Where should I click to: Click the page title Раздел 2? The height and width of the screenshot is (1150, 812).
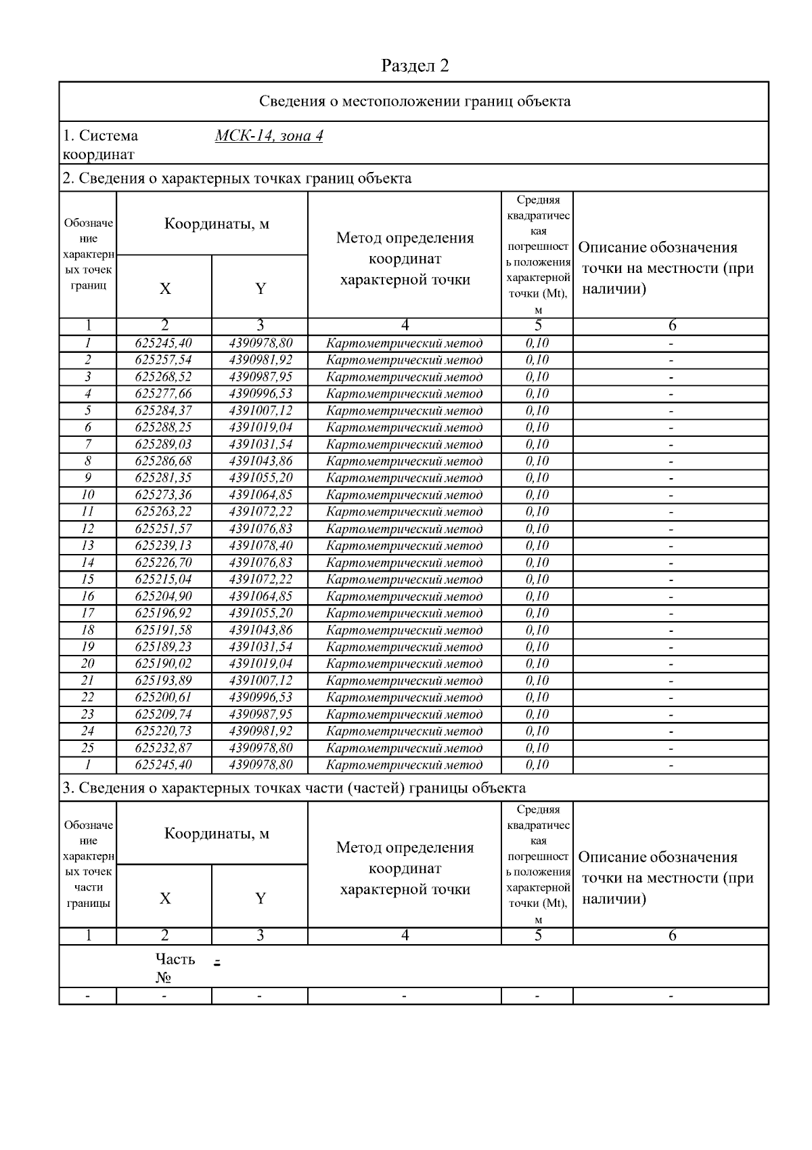[415, 66]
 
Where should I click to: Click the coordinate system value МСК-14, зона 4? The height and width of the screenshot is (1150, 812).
[269, 135]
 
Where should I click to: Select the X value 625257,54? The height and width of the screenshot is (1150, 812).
[164, 360]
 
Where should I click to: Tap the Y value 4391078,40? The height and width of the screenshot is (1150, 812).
[261, 545]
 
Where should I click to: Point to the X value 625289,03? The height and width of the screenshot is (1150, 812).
[164, 444]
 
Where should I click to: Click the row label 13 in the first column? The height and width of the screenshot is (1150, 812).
[88, 545]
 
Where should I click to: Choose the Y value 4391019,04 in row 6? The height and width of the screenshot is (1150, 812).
[261, 427]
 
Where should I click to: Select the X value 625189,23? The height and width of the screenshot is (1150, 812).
[164, 647]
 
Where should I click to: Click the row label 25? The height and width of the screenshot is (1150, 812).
[88, 748]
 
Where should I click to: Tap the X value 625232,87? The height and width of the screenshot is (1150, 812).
[164, 748]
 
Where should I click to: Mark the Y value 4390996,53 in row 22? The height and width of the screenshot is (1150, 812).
[261, 697]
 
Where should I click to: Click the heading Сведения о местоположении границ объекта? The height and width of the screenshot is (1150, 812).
[415, 102]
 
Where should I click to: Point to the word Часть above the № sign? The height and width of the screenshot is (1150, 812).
[175, 959]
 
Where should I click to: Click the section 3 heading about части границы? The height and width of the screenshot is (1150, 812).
[294, 788]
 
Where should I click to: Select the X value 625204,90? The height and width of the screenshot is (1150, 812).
[164, 596]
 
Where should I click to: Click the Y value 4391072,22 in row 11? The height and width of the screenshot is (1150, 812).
[261, 511]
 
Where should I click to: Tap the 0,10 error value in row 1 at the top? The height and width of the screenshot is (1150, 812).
[537, 343]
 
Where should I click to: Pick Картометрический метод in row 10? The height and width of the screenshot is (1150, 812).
[404, 495]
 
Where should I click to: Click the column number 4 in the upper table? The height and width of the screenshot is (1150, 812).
[405, 326]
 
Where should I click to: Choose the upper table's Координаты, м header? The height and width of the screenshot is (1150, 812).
[217, 224]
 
